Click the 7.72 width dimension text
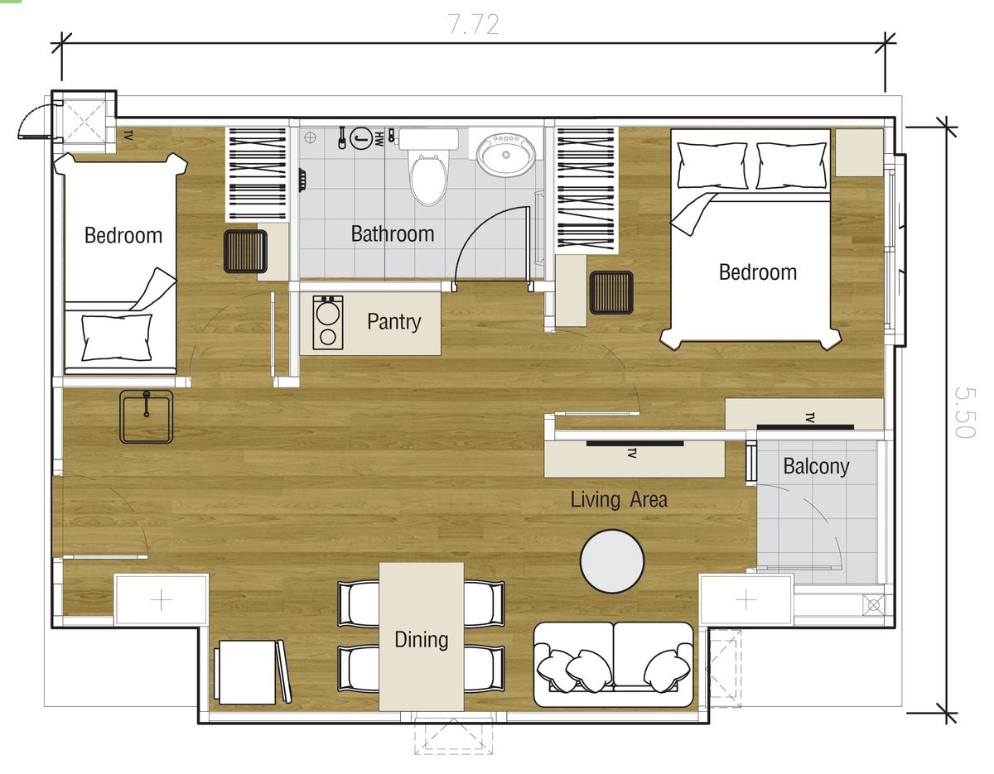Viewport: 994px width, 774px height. (x=473, y=25)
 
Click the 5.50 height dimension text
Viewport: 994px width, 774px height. (x=965, y=412)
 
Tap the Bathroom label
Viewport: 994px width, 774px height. (x=393, y=234)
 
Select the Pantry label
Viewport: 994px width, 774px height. (x=393, y=322)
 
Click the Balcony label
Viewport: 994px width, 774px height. (x=817, y=466)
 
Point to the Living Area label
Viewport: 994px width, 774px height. (x=619, y=499)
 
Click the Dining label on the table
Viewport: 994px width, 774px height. (x=422, y=640)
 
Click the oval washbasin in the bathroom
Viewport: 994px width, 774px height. (x=505, y=156)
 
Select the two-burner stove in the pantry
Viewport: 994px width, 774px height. (x=328, y=322)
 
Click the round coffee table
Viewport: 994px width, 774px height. (x=612, y=561)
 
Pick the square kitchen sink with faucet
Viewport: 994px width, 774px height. (x=147, y=416)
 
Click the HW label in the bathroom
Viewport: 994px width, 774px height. (x=379, y=139)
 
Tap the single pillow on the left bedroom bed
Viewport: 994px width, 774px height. (x=117, y=337)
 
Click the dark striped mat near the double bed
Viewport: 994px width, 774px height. (x=611, y=292)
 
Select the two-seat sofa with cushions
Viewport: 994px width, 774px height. (x=613, y=664)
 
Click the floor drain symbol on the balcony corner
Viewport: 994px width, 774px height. (x=874, y=606)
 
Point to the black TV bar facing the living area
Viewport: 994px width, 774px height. (x=635, y=444)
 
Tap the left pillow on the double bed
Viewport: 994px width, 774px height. (x=712, y=166)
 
